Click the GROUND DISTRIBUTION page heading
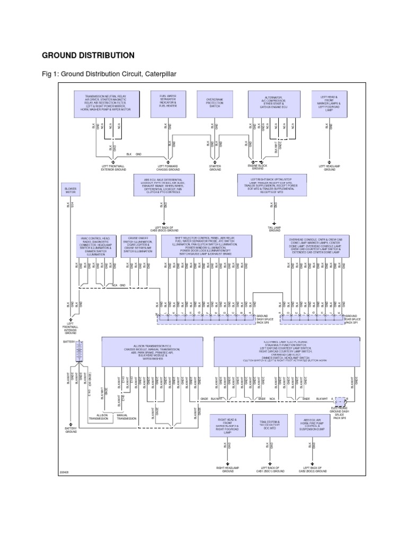tap(88, 55)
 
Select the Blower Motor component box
tap(70, 190)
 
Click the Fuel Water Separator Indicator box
tap(167, 101)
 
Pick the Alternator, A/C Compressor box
tap(273, 102)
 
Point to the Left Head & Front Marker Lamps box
tap(330, 103)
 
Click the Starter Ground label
tap(215, 168)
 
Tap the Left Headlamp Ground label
tap(330, 168)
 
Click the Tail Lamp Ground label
tap(275, 230)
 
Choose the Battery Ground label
tap(71, 430)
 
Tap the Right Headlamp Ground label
tap(228, 470)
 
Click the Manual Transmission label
tap(126, 417)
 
